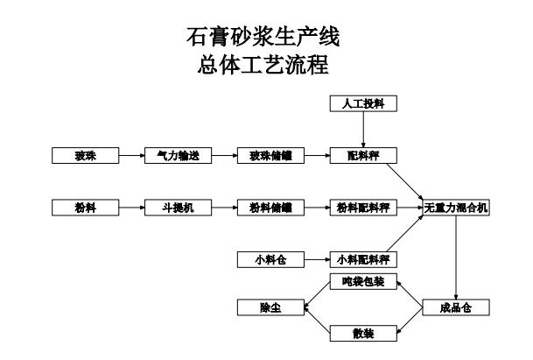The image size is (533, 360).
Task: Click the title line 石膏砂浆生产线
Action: click(263, 38)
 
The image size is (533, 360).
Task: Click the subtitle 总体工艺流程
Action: click(263, 65)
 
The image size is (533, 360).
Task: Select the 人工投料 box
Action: click(363, 104)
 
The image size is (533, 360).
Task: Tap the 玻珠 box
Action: click(85, 156)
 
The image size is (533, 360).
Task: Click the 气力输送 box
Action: click(178, 156)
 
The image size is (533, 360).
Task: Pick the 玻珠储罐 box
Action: click(270, 156)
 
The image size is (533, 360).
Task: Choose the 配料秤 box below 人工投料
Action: click(363, 156)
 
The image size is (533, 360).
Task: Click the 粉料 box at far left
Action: click(85, 208)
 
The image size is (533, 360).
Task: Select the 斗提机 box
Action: click(178, 208)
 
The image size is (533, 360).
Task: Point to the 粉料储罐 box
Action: click(270, 208)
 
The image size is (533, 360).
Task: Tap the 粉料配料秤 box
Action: click(363, 208)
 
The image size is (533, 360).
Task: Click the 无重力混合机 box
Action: click(456, 208)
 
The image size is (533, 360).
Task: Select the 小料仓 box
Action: click(270, 259)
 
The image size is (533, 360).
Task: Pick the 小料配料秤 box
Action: click(363, 259)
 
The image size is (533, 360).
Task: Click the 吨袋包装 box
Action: click(363, 282)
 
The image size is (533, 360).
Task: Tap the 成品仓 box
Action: click(456, 307)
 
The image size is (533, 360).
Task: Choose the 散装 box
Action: click(363, 333)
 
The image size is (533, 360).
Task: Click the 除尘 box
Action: click(270, 307)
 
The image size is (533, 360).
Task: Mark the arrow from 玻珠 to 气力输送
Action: click(131, 156)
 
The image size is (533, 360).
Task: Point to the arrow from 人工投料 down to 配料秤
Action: click(363, 130)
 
